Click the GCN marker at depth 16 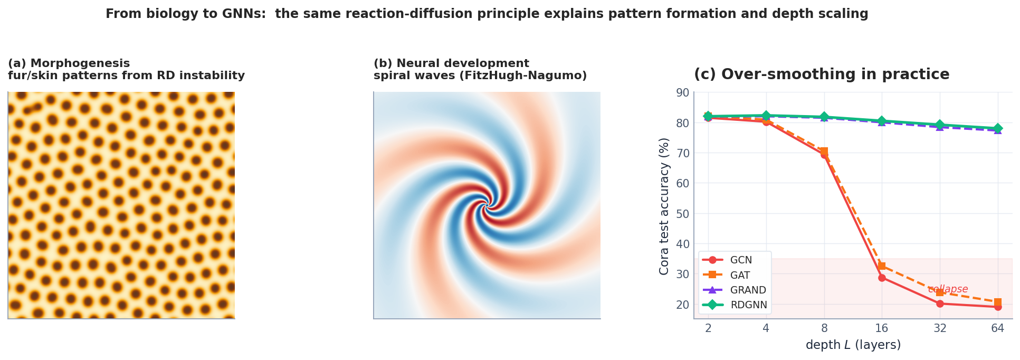[882, 278]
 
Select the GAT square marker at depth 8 [824, 151]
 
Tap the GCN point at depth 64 [997, 307]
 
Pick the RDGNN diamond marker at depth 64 [997, 128]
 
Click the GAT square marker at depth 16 [882, 266]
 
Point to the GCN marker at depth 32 [940, 304]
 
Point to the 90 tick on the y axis [682, 93]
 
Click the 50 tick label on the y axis [682, 214]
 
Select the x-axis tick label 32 [940, 328]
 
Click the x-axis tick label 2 [708, 328]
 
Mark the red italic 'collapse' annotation [948, 289]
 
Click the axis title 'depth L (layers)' [853, 345]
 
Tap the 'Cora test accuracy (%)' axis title [664, 206]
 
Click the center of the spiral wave [485, 206]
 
